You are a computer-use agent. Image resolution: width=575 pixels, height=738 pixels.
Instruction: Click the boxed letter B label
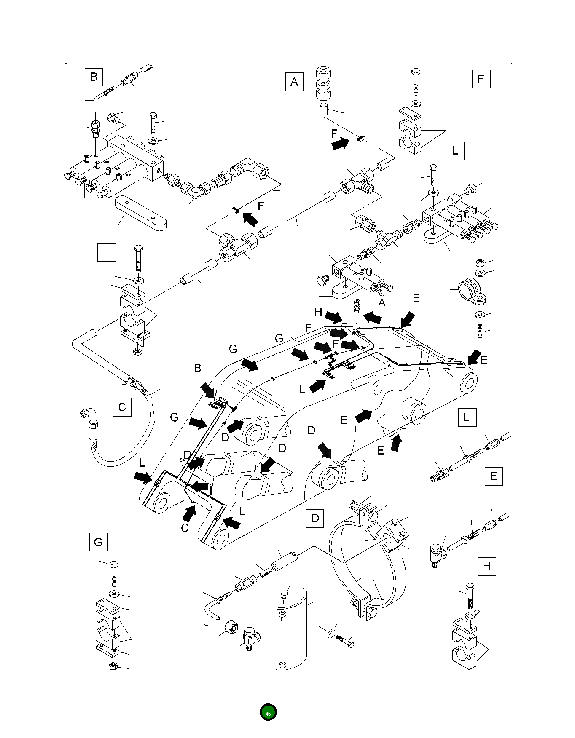94,77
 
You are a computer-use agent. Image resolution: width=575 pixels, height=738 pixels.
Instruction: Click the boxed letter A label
294,81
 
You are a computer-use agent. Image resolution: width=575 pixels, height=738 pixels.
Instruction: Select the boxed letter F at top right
481,79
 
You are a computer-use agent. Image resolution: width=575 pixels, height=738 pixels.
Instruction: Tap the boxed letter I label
106,252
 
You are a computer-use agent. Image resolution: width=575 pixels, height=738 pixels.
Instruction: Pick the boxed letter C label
122,407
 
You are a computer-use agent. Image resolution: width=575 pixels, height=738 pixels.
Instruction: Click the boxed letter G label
98,542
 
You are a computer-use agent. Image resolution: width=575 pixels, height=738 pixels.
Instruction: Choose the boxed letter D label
314,518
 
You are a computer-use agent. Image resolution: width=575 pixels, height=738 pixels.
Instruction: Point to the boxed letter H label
486,566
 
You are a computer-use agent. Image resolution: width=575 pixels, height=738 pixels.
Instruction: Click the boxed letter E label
493,476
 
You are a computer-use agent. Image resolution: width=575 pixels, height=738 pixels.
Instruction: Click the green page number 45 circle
268,713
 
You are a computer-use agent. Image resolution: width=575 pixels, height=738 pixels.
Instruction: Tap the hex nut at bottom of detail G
113,666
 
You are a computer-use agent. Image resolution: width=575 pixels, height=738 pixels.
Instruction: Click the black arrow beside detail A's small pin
340,144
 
